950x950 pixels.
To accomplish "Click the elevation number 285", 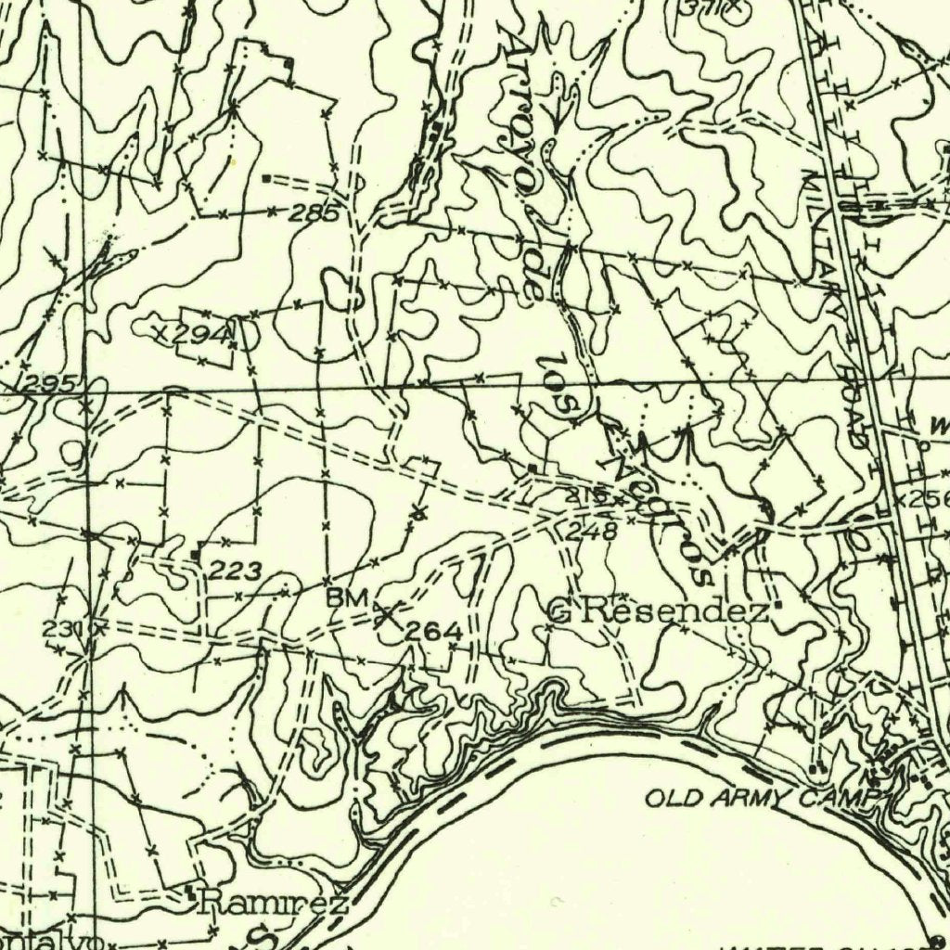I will pos(313,213).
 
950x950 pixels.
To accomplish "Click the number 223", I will pos(235,571).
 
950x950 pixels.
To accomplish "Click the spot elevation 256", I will pos(930,499).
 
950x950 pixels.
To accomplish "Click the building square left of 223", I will pos(195,555).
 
